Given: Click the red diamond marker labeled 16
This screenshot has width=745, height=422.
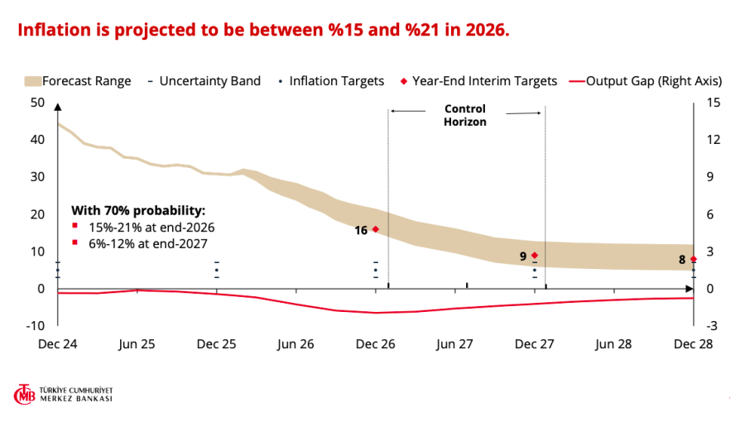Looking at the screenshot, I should coord(376,229).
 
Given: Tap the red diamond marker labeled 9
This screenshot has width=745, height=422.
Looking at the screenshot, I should coord(535,256).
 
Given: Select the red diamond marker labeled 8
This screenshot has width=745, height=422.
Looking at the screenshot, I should coord(693,259).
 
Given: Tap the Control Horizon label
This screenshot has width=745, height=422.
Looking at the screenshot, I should coord(465,115).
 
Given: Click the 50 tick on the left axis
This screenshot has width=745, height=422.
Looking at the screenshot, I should coord(37,102).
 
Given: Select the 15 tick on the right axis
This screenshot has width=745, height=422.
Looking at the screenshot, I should coord(714,102).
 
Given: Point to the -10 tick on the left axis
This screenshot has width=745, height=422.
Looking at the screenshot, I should coord(36,325).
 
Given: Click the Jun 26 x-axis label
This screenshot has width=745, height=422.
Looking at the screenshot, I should coord(296,343).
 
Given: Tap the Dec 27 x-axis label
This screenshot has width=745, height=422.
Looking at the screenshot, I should coord(534,343).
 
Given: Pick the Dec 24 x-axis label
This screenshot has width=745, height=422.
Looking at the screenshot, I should coord(58,343).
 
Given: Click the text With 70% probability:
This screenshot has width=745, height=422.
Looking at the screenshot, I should coord(138,209).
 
